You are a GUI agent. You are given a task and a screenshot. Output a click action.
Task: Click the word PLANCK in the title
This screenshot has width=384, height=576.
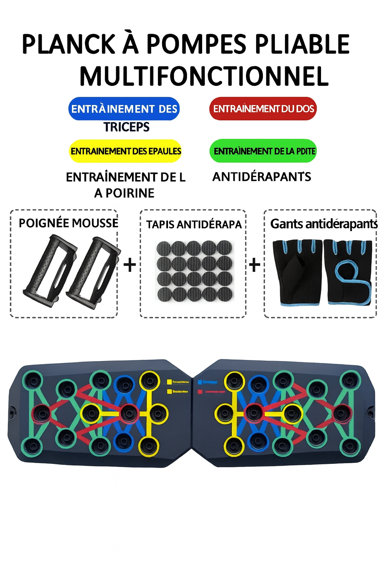(x=69, y=44)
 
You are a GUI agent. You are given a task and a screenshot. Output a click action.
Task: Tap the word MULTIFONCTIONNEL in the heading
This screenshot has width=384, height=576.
(x=204, y=76)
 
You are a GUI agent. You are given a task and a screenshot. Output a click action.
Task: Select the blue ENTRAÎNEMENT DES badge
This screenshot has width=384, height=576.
(x=124, y=109)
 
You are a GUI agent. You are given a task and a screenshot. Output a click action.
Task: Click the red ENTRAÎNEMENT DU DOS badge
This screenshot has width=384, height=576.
(x=263, y=109)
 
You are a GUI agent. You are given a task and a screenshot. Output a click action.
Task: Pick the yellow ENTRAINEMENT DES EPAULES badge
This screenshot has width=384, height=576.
(x=126, y=151)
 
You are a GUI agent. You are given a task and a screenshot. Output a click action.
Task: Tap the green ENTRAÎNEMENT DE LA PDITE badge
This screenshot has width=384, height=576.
(x=263, y=151)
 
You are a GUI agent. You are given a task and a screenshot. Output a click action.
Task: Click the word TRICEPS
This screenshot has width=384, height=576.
(x=126, y=127)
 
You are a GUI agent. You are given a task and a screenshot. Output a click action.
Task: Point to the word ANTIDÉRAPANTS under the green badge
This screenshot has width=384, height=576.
(x=262, y=177)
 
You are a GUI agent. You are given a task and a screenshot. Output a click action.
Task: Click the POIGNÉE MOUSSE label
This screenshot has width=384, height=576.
(x=68, y=223)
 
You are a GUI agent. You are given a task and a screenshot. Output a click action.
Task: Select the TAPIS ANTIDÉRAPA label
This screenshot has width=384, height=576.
(x=193, y=225)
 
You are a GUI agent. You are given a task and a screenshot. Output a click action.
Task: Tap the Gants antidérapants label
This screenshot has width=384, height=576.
(x=324, y=224)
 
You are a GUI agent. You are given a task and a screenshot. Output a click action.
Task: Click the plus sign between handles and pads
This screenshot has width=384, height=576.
(x=130, y=265)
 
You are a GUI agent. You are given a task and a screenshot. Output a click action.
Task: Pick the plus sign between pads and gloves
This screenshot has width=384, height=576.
(x=255, y=265)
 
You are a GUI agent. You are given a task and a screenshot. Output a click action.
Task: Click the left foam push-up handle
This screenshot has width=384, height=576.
(x=49, y=271)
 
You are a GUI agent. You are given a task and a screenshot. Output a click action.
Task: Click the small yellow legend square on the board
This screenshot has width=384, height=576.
(x=169, y=382)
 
